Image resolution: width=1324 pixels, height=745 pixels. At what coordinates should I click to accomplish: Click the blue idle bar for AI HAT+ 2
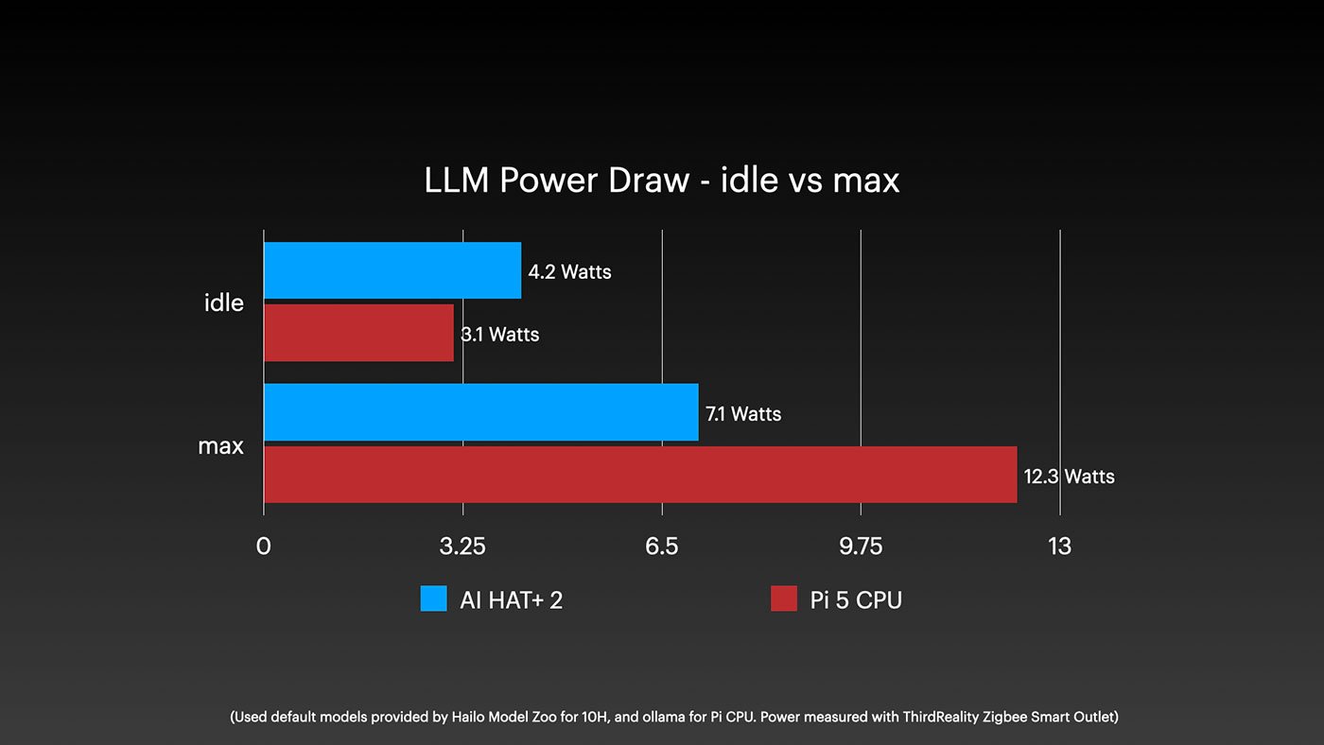coord(392,270)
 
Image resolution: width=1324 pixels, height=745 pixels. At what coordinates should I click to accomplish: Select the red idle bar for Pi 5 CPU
coord(358,333)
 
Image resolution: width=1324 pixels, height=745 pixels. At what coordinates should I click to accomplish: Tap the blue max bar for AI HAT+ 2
coord(480,412)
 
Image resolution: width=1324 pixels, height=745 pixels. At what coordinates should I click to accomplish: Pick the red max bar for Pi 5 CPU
coord(640,475)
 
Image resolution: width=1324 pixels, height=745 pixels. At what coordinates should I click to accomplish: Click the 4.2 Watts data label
coord(569,272)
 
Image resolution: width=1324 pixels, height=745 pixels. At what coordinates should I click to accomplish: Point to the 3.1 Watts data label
coord(500,335)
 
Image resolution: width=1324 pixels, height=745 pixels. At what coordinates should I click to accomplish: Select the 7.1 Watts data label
coord(743,414)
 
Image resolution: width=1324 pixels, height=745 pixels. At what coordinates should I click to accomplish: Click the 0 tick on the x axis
coord(263,546)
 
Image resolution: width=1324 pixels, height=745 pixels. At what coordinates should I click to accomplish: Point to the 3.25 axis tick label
coord(462,546)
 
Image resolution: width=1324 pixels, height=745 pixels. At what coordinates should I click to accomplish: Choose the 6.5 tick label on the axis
coord(662,546)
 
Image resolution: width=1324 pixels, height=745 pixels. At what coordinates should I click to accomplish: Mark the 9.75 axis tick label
coord(861,546)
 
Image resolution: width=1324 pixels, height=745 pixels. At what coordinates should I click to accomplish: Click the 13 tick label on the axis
coord(1059,546)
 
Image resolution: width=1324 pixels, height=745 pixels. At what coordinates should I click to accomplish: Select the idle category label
coord(224,303)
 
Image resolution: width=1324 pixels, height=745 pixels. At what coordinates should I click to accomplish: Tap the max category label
coord(220,445)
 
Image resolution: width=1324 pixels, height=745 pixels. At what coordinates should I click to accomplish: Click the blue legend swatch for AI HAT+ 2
coord(433,599)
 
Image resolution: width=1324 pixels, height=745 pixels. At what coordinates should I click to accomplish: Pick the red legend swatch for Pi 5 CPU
coord(784,599)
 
